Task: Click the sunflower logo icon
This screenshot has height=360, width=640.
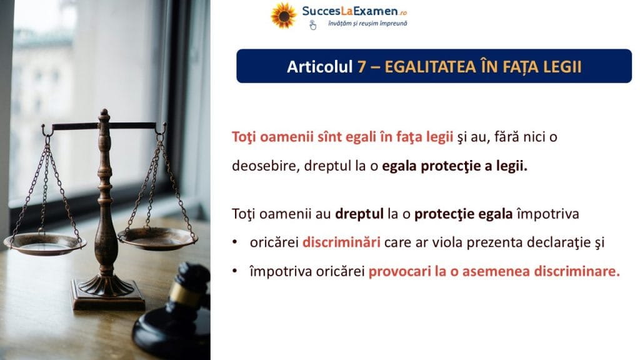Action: (x=284, y=16)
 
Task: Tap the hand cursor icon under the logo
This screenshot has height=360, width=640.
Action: (x=312, y=25)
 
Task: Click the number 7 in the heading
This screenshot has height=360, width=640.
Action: (x=362, y=67)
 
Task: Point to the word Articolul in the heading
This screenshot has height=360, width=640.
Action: (x=319, y=67)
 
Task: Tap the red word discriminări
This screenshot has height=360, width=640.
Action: (x=341, y=242)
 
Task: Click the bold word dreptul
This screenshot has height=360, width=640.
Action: (x=359, y=214)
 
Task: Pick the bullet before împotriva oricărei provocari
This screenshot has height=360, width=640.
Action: (x=235, y=271)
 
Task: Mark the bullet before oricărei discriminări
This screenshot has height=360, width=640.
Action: (x=235, y=242)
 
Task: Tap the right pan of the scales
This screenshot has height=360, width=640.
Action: (x=157, y=238)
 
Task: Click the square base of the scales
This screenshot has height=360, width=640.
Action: (x=108, y=296)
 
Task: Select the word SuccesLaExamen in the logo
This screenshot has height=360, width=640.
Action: (x=350, y=11)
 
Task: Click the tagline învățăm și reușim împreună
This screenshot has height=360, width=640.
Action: (x=367, y=24)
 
